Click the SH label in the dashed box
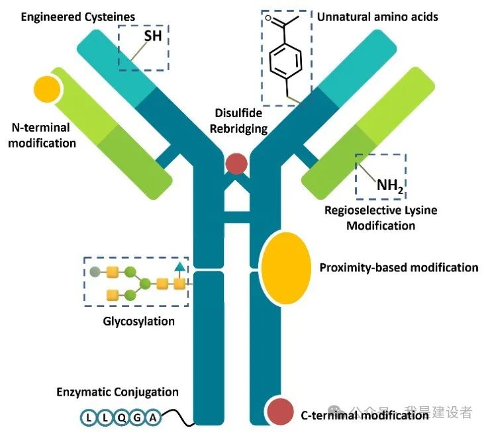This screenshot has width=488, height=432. coord(152,36)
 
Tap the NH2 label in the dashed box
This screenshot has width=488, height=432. coord(390,185)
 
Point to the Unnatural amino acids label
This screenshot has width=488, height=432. coord(377,16)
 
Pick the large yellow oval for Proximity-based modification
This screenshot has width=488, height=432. coord(286,267)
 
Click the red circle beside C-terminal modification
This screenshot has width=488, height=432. coord(281,411)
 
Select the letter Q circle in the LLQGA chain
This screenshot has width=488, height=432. coord(121,417)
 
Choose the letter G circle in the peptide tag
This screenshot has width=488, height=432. coord(137,417)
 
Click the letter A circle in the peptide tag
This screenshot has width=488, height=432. coord(153,417)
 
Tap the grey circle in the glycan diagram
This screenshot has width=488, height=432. coord(95,271)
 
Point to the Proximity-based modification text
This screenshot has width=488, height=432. coord(399,267)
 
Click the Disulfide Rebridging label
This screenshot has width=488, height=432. coord(238,120)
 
